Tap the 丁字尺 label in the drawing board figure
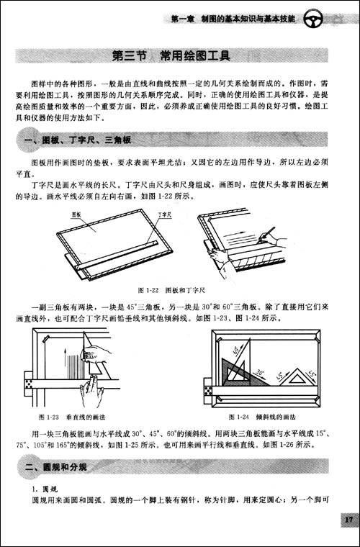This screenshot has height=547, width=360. click(163, 214)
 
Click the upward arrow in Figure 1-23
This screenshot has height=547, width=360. click(66, 360)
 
